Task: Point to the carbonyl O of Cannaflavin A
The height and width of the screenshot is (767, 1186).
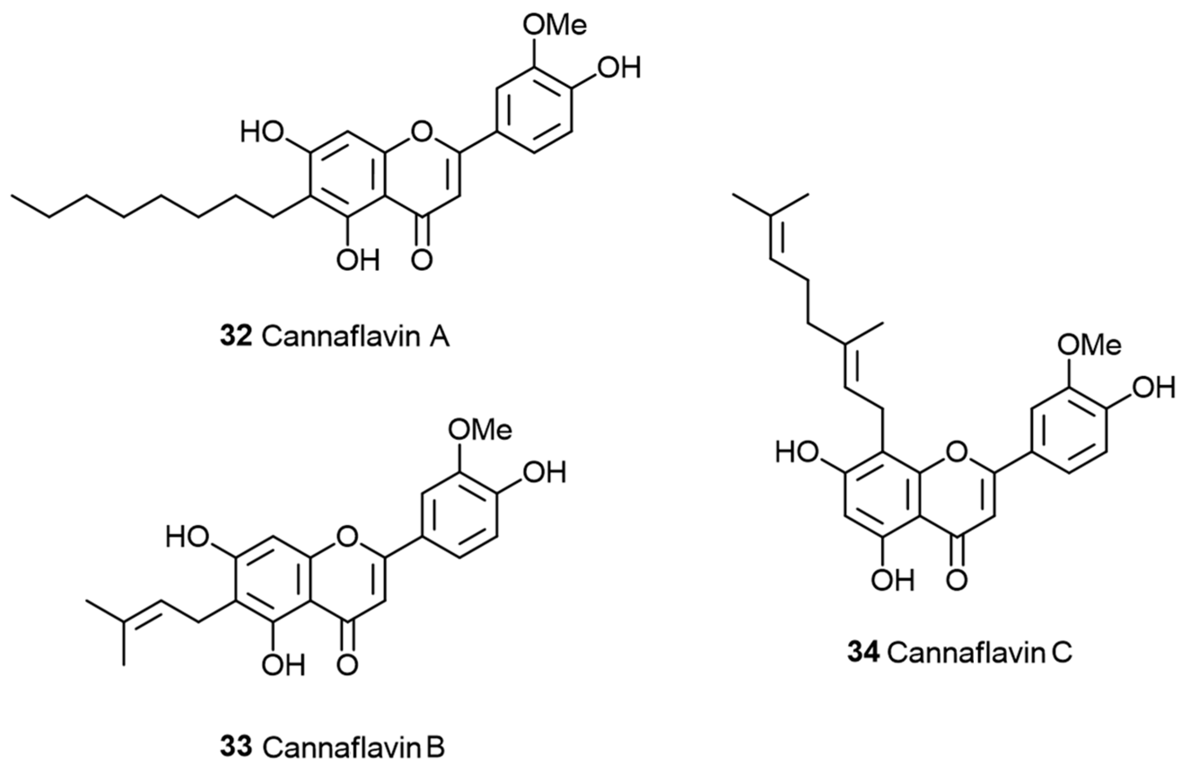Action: tap(422, 260)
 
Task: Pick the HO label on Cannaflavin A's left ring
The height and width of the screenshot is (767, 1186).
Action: tap(262, 133)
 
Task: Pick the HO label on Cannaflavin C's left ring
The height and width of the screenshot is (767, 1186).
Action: tap(797, 453)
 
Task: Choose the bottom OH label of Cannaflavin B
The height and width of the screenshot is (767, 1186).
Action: tap(284, 665)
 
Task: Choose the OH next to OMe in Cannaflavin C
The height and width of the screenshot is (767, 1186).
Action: tap(1153, 388)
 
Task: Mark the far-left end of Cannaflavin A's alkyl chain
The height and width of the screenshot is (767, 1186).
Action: tap(13, 196)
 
